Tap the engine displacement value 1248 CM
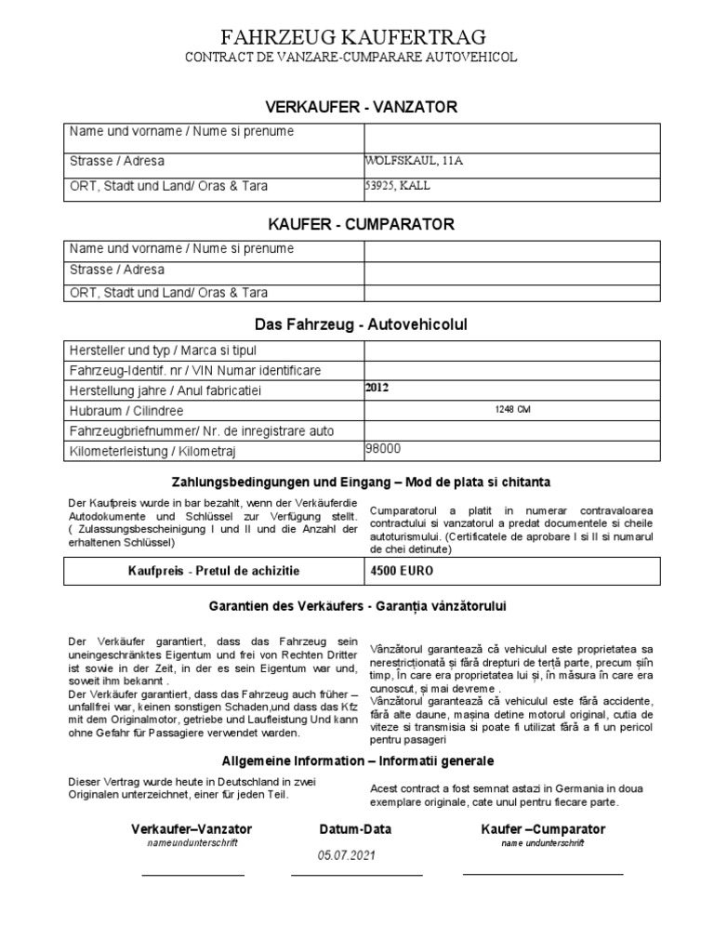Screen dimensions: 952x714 512,410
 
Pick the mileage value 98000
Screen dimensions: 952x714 385,449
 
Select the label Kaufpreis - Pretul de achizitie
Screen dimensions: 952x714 214,569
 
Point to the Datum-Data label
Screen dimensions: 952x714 355,828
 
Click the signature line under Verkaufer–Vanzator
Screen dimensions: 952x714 192,875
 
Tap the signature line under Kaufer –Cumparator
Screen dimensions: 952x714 542,875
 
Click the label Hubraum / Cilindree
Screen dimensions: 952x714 126,410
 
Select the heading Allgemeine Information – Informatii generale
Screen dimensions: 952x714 357,760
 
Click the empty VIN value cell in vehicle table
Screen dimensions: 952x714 511,370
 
